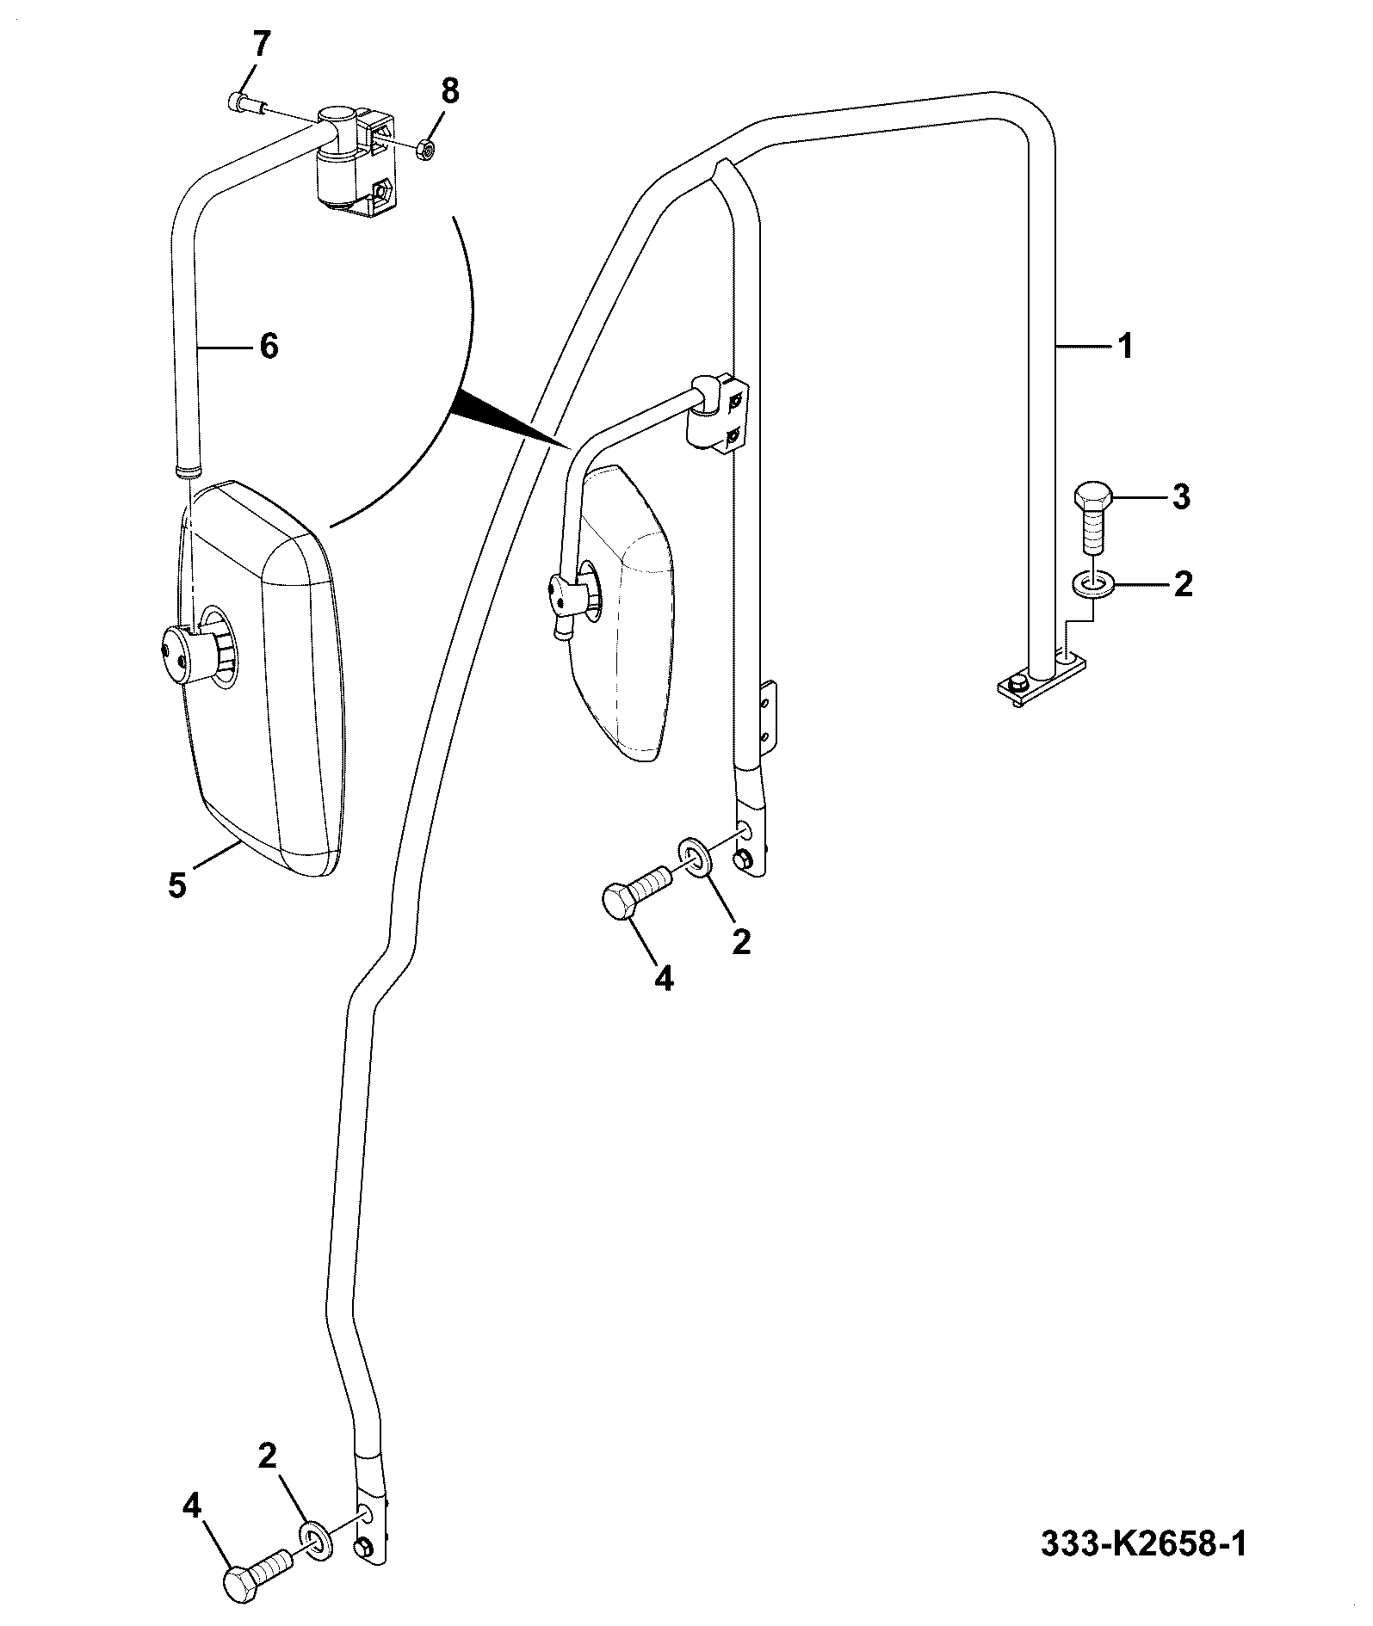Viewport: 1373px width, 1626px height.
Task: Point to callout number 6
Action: pos(269,347)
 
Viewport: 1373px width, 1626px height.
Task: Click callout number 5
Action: pos(177,885)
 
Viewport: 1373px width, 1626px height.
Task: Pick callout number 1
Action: pos(1123,347)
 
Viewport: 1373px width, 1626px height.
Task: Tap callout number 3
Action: pos(1181,497)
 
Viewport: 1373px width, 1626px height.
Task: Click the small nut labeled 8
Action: pos(424,151)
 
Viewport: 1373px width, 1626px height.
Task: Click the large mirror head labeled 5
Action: pos(263,680)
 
